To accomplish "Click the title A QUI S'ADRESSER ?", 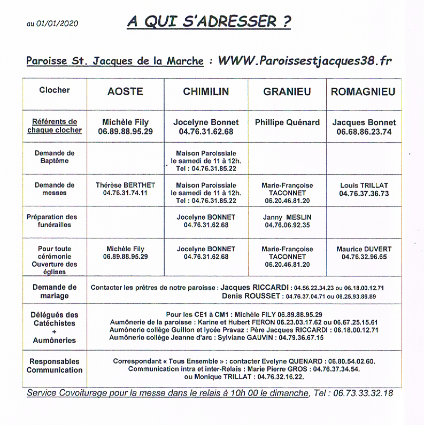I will point(209,22).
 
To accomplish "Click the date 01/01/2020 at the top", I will point(59,24).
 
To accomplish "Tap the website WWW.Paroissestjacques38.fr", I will point(304,60).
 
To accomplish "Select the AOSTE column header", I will point(126,91).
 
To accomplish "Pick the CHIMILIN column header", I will point(206,91).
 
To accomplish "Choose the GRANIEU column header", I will point(287,91).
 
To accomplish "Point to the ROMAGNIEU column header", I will point(363,91).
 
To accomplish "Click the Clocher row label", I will point(55,90).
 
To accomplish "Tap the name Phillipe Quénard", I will point(287,122).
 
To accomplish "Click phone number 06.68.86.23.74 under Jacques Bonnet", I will point(364,132).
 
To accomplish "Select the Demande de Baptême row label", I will point(55,157).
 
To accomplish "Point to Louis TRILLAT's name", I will point(364,185).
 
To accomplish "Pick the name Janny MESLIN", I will point(287,217).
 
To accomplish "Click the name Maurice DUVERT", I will point(364,249).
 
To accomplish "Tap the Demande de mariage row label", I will point(55,291).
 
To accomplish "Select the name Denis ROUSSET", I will point(251,296).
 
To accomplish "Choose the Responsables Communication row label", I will point(55,366).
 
